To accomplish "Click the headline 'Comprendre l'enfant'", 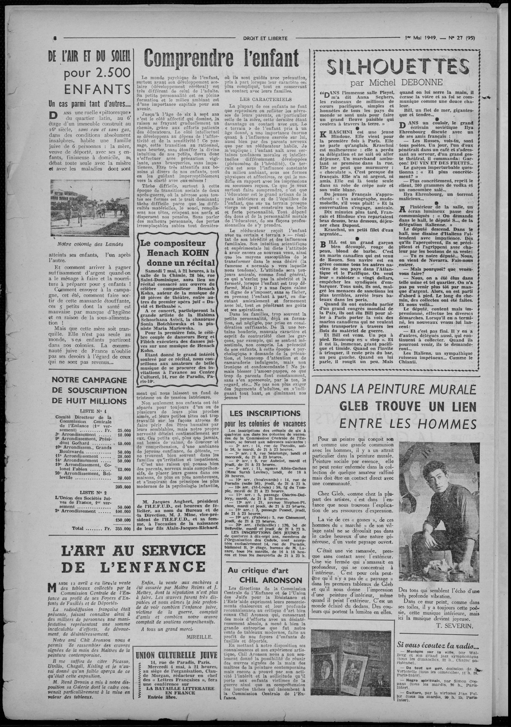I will [221, 58].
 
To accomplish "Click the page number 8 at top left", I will [55, 38].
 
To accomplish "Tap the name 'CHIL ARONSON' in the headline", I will [266, 580].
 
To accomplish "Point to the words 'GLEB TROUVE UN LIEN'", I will [408, 406].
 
